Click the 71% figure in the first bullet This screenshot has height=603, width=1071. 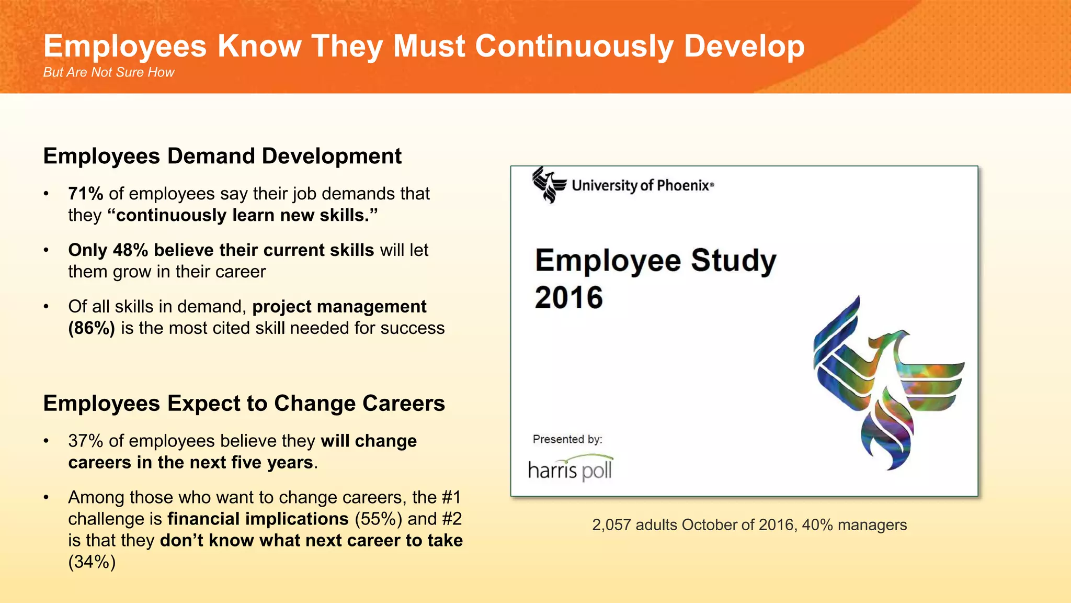click(86, 194)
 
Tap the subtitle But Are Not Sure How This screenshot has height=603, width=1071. click(108, 72)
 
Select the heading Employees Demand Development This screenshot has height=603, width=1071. click(222, 156)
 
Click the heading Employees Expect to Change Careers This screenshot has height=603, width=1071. click(244, 404)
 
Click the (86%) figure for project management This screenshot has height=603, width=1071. click(92, 328)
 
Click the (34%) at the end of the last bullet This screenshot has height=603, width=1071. click(92, 562)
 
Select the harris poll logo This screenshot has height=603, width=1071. click(570, 468)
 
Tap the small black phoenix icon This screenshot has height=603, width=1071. click(549, 185)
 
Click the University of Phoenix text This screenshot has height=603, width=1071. click(642, 185)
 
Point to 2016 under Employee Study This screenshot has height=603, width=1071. click(568, 298)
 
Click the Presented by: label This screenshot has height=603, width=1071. click(567, 439)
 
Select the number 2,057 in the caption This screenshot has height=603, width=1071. click(611, 525)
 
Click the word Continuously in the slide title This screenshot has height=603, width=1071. click(574, 46)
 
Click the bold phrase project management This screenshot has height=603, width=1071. click(339, 307)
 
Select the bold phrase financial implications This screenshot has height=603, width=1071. click(258, 519)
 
